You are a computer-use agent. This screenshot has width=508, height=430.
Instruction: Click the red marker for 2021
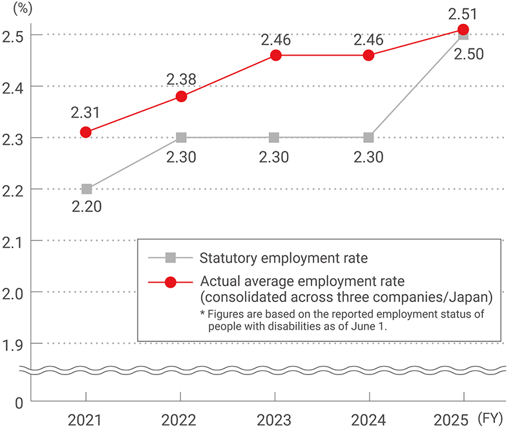(86, 132)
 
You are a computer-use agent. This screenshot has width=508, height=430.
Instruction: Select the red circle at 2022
(182, 96)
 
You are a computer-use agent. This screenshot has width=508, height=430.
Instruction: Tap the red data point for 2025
(463, 29)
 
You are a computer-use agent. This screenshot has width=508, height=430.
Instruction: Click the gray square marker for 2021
(87, 189)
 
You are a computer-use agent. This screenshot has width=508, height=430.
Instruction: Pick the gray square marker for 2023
(274, 138)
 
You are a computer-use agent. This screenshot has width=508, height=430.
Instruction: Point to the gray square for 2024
(368, 138)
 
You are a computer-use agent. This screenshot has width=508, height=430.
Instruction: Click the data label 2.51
(463, 12)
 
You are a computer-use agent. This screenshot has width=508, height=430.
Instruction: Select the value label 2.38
(182, 79)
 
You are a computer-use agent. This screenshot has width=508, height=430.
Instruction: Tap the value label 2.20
(86, 208)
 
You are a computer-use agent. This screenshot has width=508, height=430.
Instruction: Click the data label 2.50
(469, 54)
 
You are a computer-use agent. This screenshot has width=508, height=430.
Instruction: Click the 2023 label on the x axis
(274, 419)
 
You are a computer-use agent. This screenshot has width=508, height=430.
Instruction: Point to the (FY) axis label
(493, 419)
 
